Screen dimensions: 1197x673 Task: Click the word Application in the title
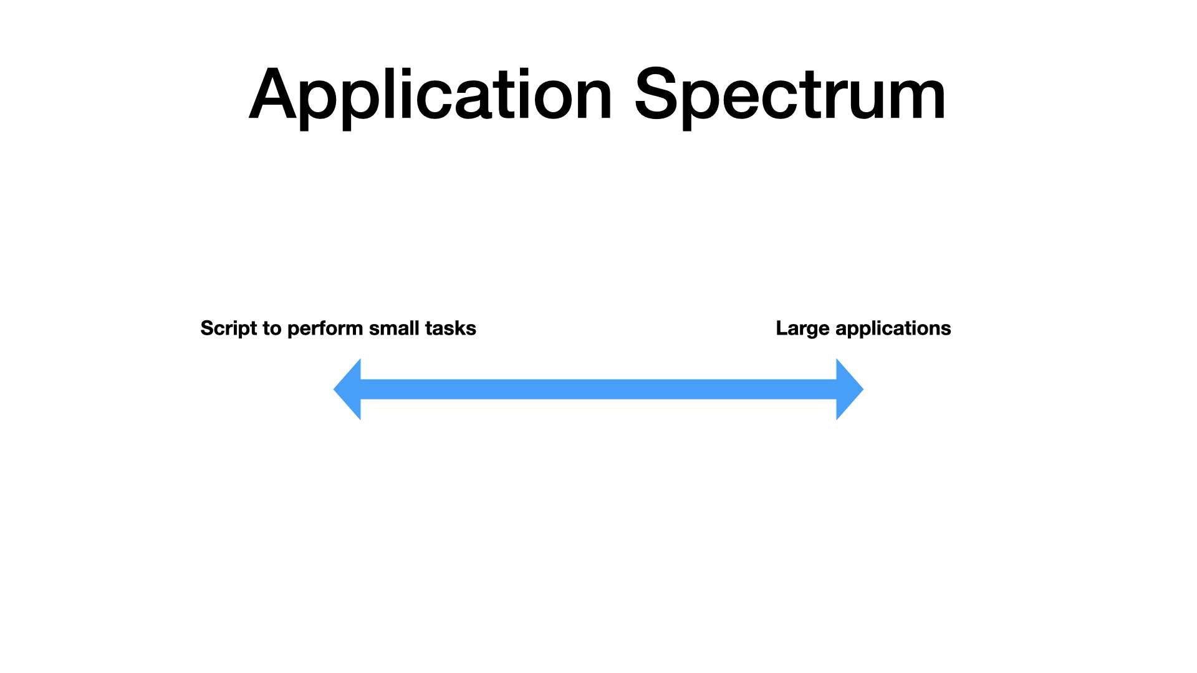pos(431,97)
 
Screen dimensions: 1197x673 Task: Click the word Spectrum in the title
pos(791,97)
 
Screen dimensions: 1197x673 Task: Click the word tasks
pos(451,328)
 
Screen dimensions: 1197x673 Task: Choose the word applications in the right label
pos(893,329)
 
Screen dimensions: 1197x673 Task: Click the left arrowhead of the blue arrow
pos(347,389)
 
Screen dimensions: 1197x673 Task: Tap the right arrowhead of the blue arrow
pos(850,389)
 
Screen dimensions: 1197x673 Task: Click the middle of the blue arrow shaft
pos(598,389)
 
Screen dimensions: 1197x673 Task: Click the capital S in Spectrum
pos(656,93)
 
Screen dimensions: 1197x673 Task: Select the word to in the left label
pos(272,328)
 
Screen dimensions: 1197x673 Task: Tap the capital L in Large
pos(782,328)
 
